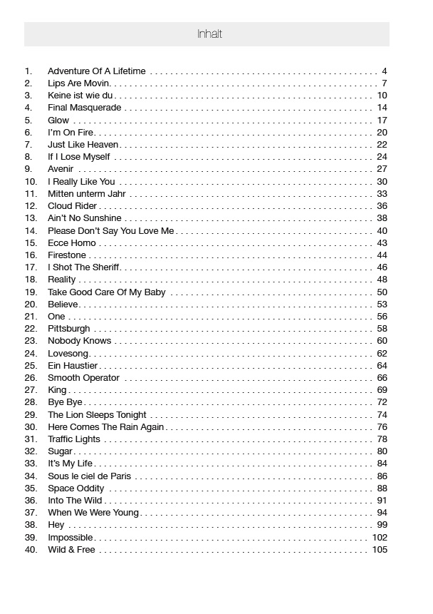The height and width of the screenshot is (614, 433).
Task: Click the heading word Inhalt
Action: coord(209,34)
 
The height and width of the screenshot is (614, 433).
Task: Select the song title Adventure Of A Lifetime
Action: coord(96,71)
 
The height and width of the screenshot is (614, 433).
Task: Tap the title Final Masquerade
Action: coord(84,108)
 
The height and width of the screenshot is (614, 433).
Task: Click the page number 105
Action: coord(380,550)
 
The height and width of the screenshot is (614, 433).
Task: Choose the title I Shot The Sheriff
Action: coord(83,267)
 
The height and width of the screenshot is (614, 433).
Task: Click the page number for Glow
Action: coord(382,121)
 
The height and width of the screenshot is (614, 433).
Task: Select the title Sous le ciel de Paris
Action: coord(89,476)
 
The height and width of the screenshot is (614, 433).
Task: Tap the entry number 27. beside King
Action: coord(31,390)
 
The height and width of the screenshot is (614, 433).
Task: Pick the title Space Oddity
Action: coord(75,488)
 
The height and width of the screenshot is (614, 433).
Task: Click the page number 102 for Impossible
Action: coord(380,538)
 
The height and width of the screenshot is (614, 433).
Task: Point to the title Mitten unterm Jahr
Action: coord(86,194)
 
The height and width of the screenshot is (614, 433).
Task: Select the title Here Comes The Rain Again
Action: coord(105,427)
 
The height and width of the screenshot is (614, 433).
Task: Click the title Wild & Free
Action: coord(71,550)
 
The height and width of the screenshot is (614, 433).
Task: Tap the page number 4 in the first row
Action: coord(385,71)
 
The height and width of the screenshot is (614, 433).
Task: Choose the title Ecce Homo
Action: coord(71,243)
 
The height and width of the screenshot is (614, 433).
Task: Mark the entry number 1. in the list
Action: coord(28,71)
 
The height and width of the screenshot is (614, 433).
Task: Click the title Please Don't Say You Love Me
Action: coord(110,230)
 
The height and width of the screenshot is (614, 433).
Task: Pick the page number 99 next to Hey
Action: coord(382,526)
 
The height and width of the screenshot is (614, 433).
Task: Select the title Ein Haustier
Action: coord(73,366)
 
